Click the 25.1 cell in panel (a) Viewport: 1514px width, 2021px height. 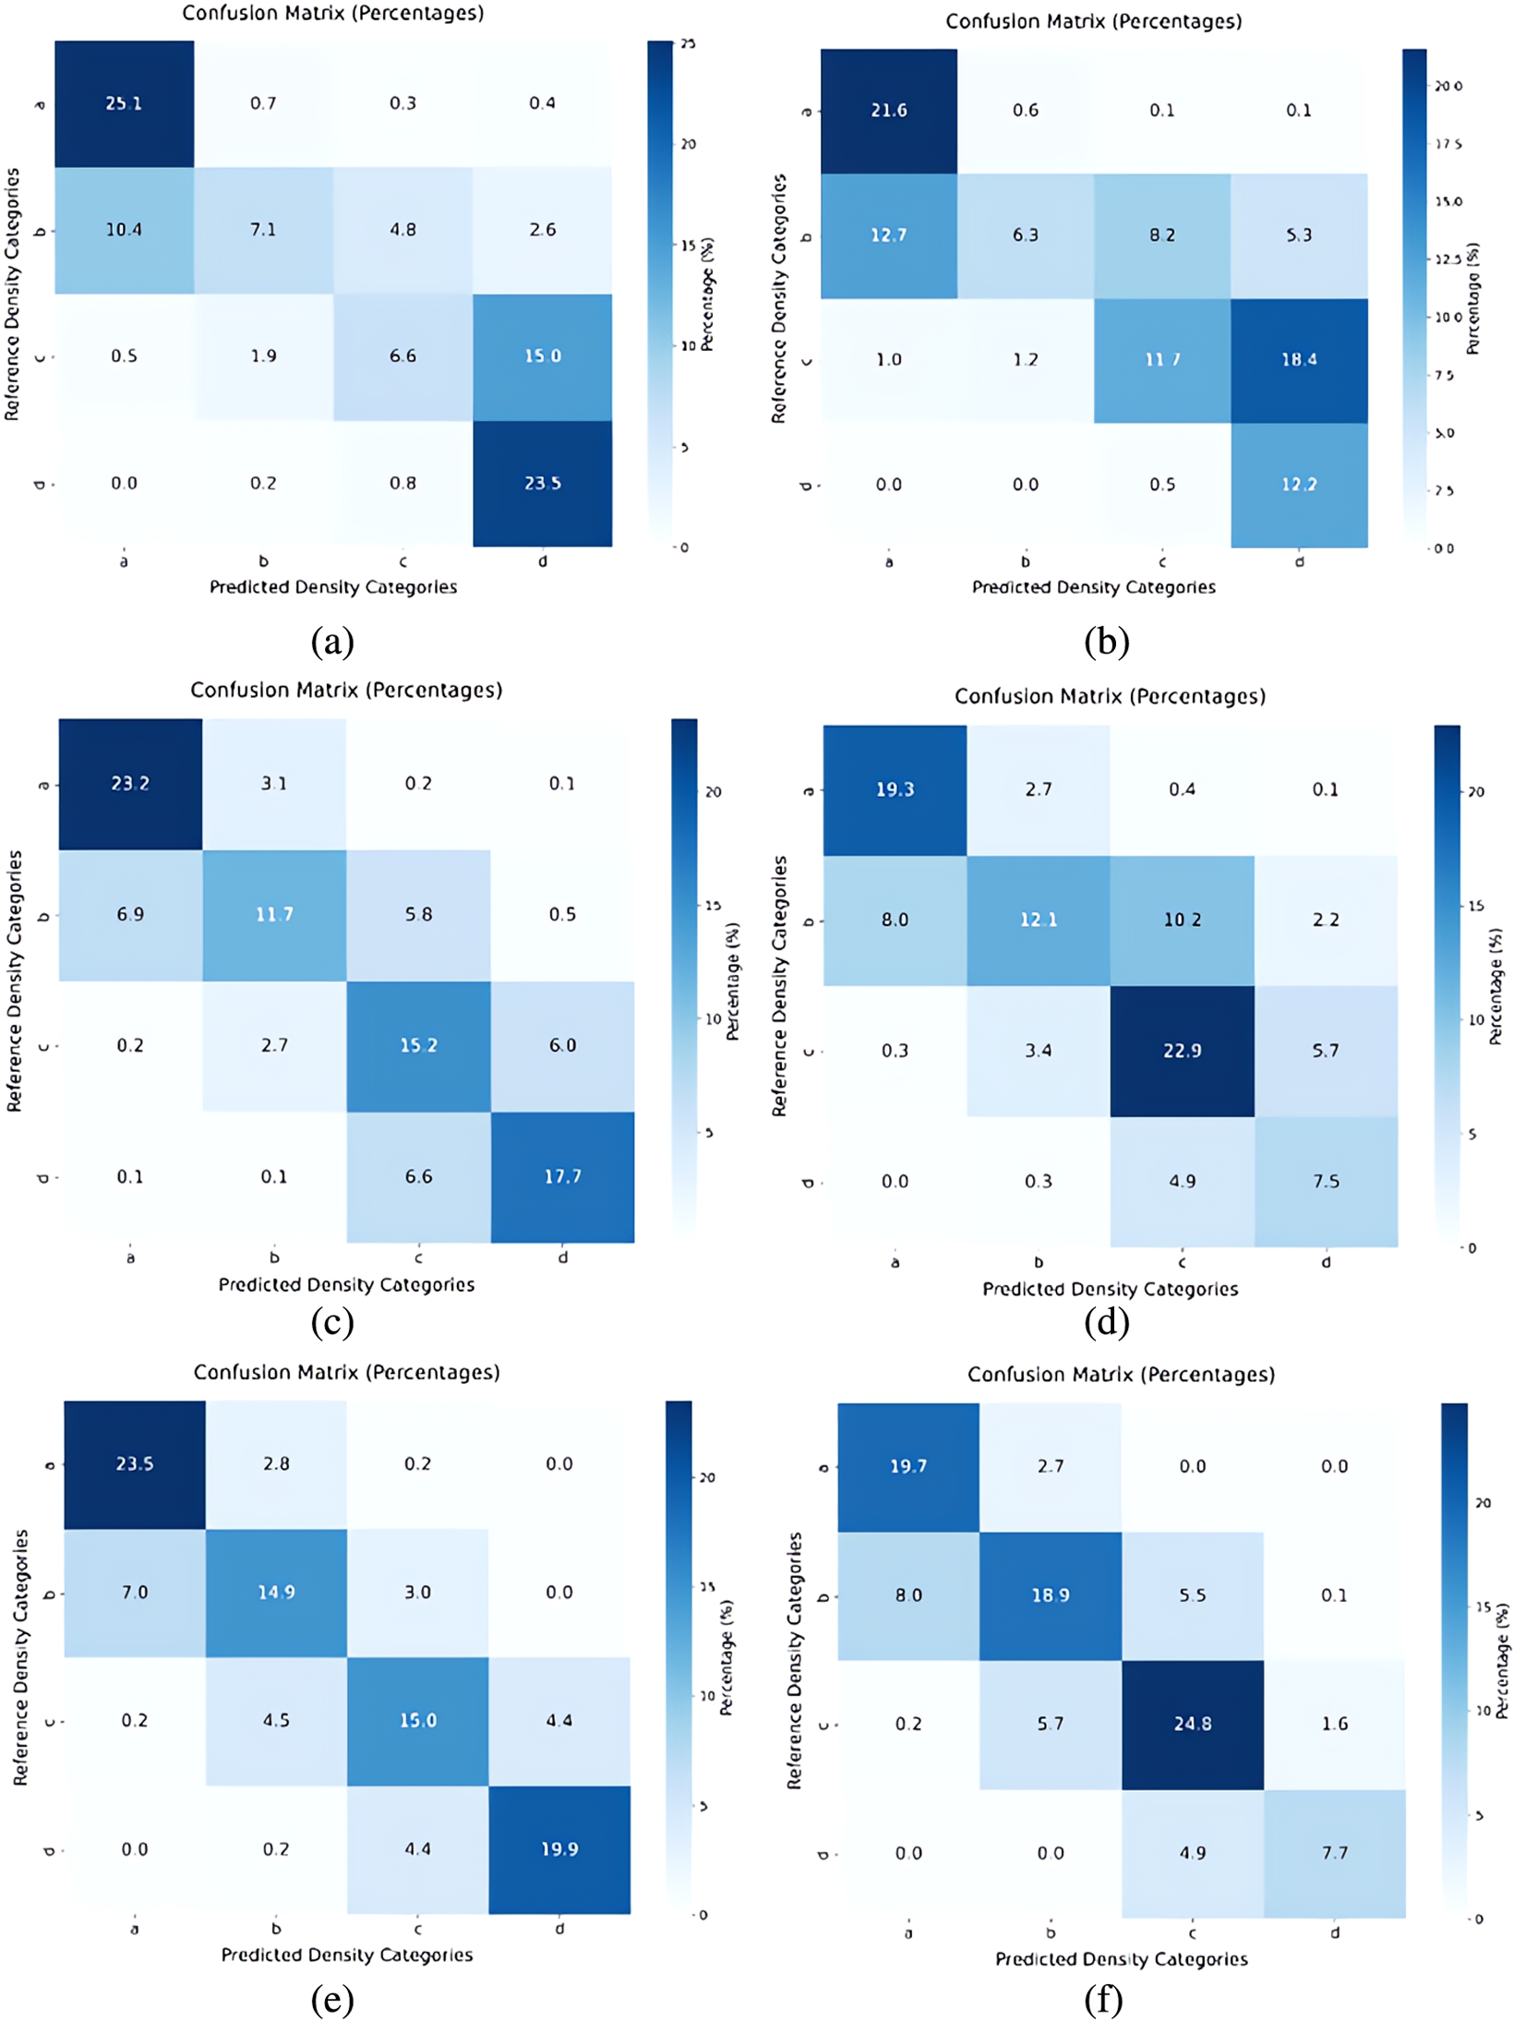click(124, 103)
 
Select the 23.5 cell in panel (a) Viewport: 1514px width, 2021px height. click(542, 483)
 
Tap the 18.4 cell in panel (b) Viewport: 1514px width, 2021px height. click(1298, 360)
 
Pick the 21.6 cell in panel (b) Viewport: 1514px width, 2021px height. click(888, 111)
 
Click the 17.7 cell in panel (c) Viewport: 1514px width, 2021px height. click(562, 1176)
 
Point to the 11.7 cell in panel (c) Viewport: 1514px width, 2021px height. click(274, 914)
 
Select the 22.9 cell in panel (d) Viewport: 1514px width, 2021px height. click(1182, 1051)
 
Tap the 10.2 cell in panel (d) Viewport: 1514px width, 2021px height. click(1182, 920)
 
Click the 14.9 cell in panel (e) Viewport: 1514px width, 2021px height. click(276, 1592)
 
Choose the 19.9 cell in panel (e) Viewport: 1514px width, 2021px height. click(559, 1848)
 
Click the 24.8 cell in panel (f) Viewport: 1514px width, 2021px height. click(1192, 1724)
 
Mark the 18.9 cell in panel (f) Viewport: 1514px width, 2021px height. click(1050, 1594)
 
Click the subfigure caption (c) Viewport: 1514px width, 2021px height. click(332, 1321)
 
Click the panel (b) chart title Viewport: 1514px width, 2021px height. click(1093, 21)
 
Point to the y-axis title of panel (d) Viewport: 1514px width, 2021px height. click(779, 986)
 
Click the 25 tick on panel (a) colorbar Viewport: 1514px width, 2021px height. click(688, 43)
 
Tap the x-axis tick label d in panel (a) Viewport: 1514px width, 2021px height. click(542, 560)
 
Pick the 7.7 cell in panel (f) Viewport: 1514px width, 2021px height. click(1334, 1852)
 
